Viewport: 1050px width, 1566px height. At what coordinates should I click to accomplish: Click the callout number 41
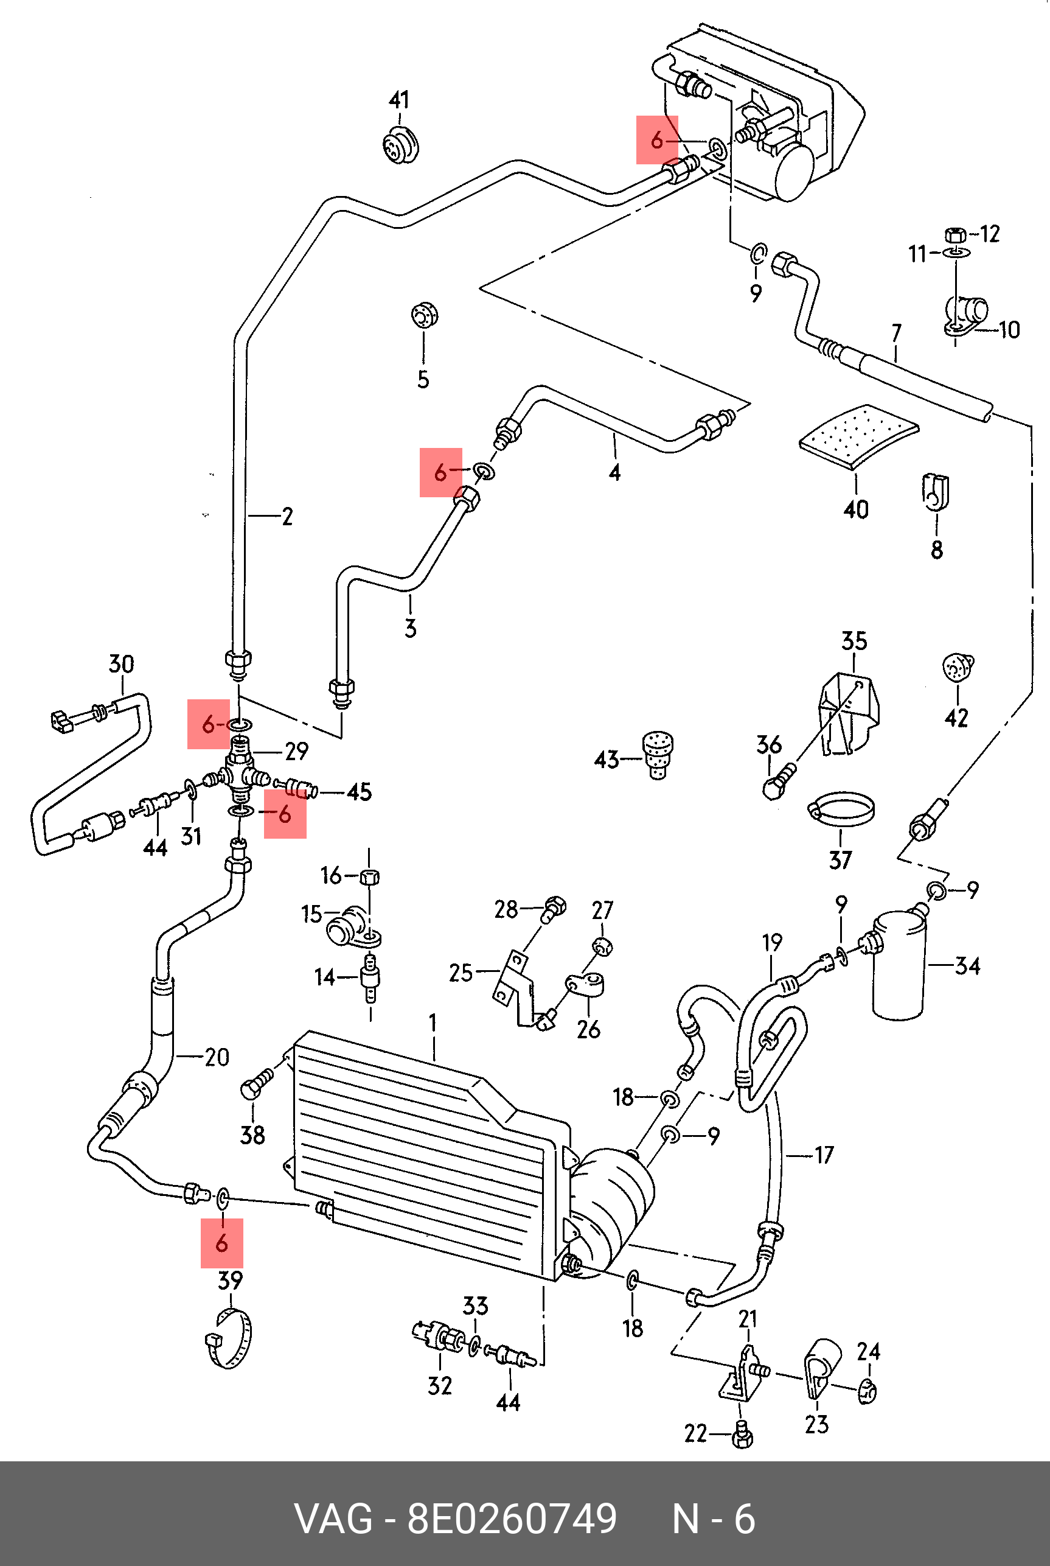point(399,100)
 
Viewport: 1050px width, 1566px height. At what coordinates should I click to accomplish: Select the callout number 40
point(856,509)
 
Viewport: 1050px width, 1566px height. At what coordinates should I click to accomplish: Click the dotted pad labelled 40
point(858,433)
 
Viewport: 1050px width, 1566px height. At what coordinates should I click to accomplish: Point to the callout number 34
point(967,966)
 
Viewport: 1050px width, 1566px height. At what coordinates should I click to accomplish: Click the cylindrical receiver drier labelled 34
point(899,965)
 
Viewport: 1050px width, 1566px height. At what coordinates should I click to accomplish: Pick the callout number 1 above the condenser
point(433,1022)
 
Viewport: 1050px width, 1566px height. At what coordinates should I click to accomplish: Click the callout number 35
point(854,641)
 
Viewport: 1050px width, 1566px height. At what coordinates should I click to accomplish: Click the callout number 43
point(606,760)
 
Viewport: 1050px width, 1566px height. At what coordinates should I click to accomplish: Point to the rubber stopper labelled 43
point(658,754)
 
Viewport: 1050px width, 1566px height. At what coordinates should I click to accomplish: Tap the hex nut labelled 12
point(954,234)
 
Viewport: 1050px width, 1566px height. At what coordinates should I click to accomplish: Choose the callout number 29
point(297,752)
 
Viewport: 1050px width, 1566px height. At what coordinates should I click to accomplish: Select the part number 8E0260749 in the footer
point(512,1519)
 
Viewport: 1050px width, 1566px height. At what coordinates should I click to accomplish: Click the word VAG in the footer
point(333,1519)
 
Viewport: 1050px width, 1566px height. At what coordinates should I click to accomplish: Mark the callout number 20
point(217,1057)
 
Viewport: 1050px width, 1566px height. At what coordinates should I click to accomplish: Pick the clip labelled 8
point(936,493)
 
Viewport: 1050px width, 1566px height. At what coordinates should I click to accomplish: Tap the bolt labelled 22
point(742,1435)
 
